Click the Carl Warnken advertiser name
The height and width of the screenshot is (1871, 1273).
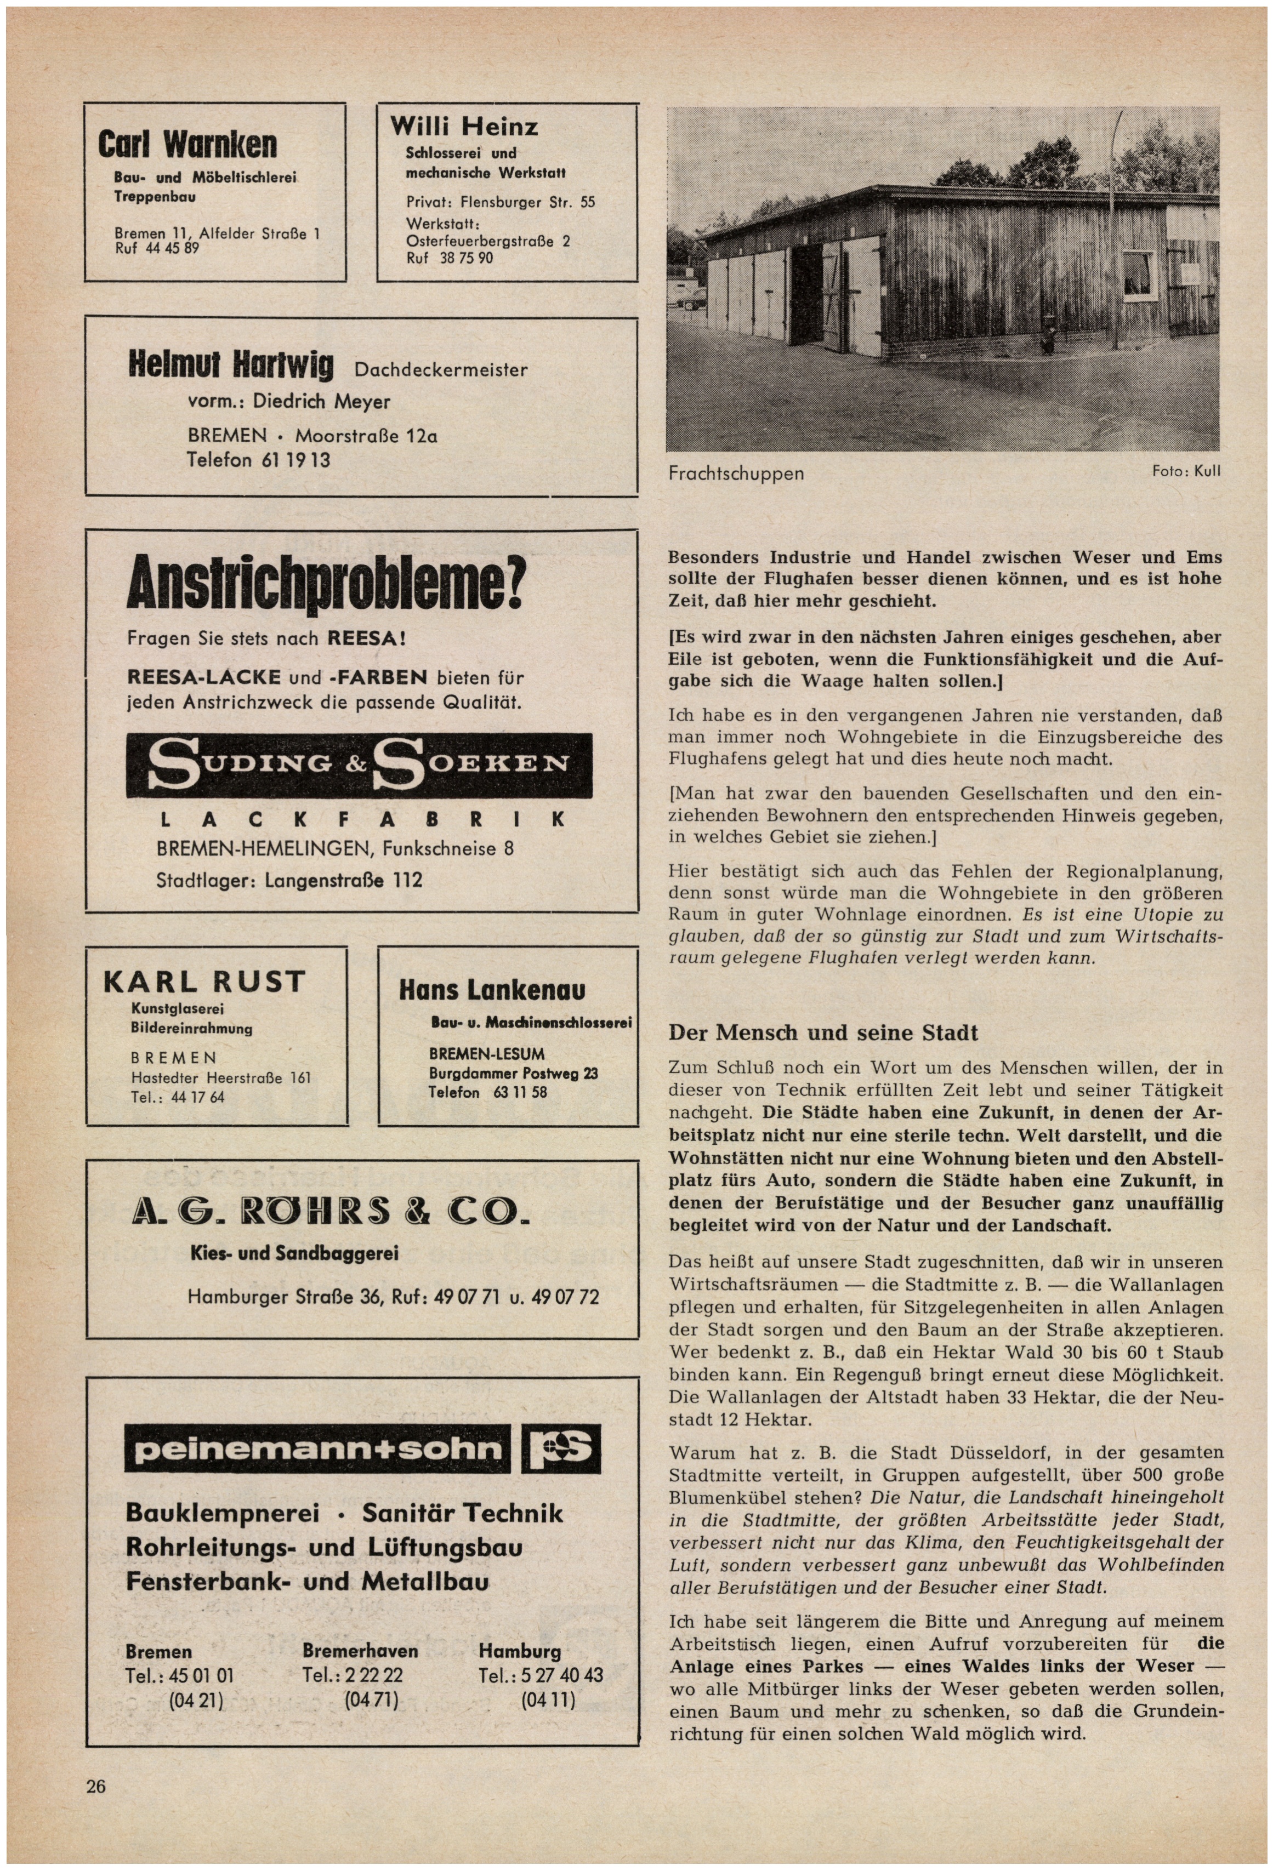click(187, 145)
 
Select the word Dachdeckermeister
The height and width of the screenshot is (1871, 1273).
click(440, 370)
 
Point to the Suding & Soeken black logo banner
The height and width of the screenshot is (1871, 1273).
click(359, 765)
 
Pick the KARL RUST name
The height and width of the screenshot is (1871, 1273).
click(204, 982)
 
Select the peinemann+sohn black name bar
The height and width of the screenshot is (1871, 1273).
click(317, 1450)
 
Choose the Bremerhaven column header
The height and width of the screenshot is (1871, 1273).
click(360, 1651)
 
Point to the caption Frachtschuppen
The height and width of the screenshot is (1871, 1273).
click(736, 474)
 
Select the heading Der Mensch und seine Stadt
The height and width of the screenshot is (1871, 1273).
click(823, 1033)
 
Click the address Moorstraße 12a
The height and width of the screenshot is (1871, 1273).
click(366, 436)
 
